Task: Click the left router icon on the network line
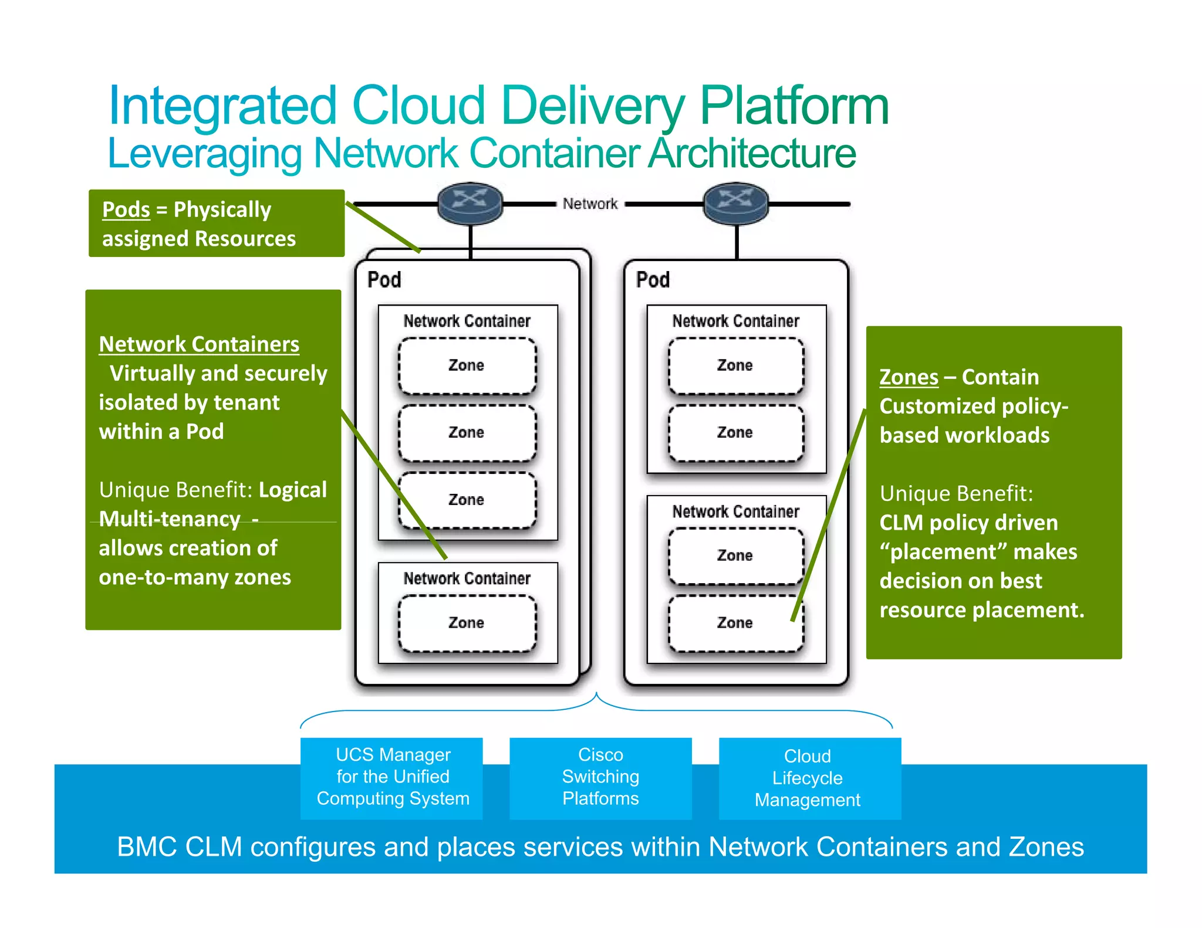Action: point(470,202)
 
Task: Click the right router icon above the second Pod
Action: point(736,202)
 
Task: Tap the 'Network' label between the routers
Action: point(590,204)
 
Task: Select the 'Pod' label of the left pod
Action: point(384,280)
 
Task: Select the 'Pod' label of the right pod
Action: point(653,280)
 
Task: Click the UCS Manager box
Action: point(392,777)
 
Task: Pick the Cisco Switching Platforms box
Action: point(600,777)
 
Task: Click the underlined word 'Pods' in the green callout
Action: point(126,209)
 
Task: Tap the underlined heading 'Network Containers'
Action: point(199,344)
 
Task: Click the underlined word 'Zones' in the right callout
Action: point(909,377)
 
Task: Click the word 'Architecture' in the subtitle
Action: point(752,153)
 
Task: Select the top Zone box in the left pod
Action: point(467,365)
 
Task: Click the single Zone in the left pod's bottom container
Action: point(467,623)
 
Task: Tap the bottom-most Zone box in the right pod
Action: point(735,623)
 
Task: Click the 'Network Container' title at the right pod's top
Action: point(735,321)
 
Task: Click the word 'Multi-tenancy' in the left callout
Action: point(170,519)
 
